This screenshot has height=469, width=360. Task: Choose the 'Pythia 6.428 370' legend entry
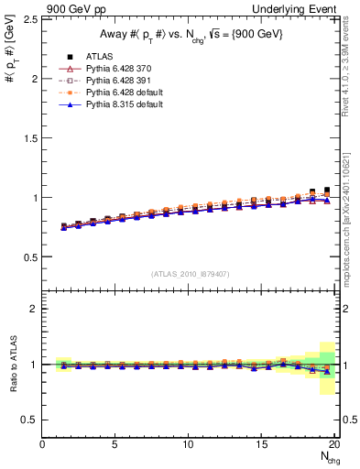point(118,69)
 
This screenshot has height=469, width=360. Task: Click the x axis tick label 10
point(188,445)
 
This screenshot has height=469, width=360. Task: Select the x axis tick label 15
point(261,445)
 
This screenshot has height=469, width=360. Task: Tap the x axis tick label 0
point(42,445)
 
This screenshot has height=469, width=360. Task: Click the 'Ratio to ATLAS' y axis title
point(12,365)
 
